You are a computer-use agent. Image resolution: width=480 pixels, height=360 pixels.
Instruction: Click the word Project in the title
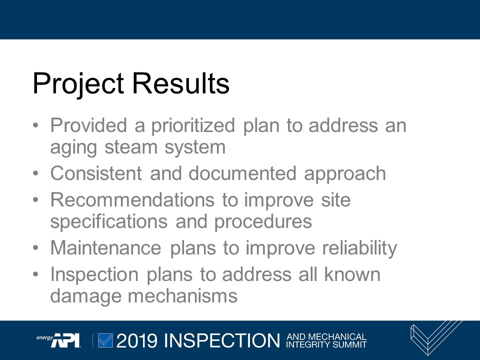click(x=78, y=83)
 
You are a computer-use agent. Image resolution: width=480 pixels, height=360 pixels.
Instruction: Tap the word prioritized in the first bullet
click(x=193, y=125)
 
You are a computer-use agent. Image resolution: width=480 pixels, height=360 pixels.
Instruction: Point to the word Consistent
click(x=95, y=173)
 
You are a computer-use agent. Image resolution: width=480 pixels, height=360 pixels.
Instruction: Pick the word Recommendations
click(x=132, y=200)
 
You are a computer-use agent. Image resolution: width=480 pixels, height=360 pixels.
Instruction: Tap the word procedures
click(x=263, y=221)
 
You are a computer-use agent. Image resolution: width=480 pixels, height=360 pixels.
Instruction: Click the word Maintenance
click(x=105, y=248)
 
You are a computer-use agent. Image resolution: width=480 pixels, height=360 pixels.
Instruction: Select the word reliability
click(x=359, y=248)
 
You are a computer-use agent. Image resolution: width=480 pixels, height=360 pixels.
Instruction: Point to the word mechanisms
click(x=182, y=295)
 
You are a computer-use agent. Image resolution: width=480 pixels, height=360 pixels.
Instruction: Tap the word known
click(x=352, y=274)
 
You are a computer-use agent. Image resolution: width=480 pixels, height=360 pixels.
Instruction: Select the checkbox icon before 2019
click(x=105, y=340)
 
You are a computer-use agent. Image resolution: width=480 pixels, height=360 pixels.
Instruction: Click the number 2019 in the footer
click(x=137, y=340)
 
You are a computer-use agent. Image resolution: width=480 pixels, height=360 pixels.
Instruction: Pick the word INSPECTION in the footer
click(x=221, y=340)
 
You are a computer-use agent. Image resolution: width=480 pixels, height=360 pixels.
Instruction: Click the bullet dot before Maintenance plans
click(x=35, y=248)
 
